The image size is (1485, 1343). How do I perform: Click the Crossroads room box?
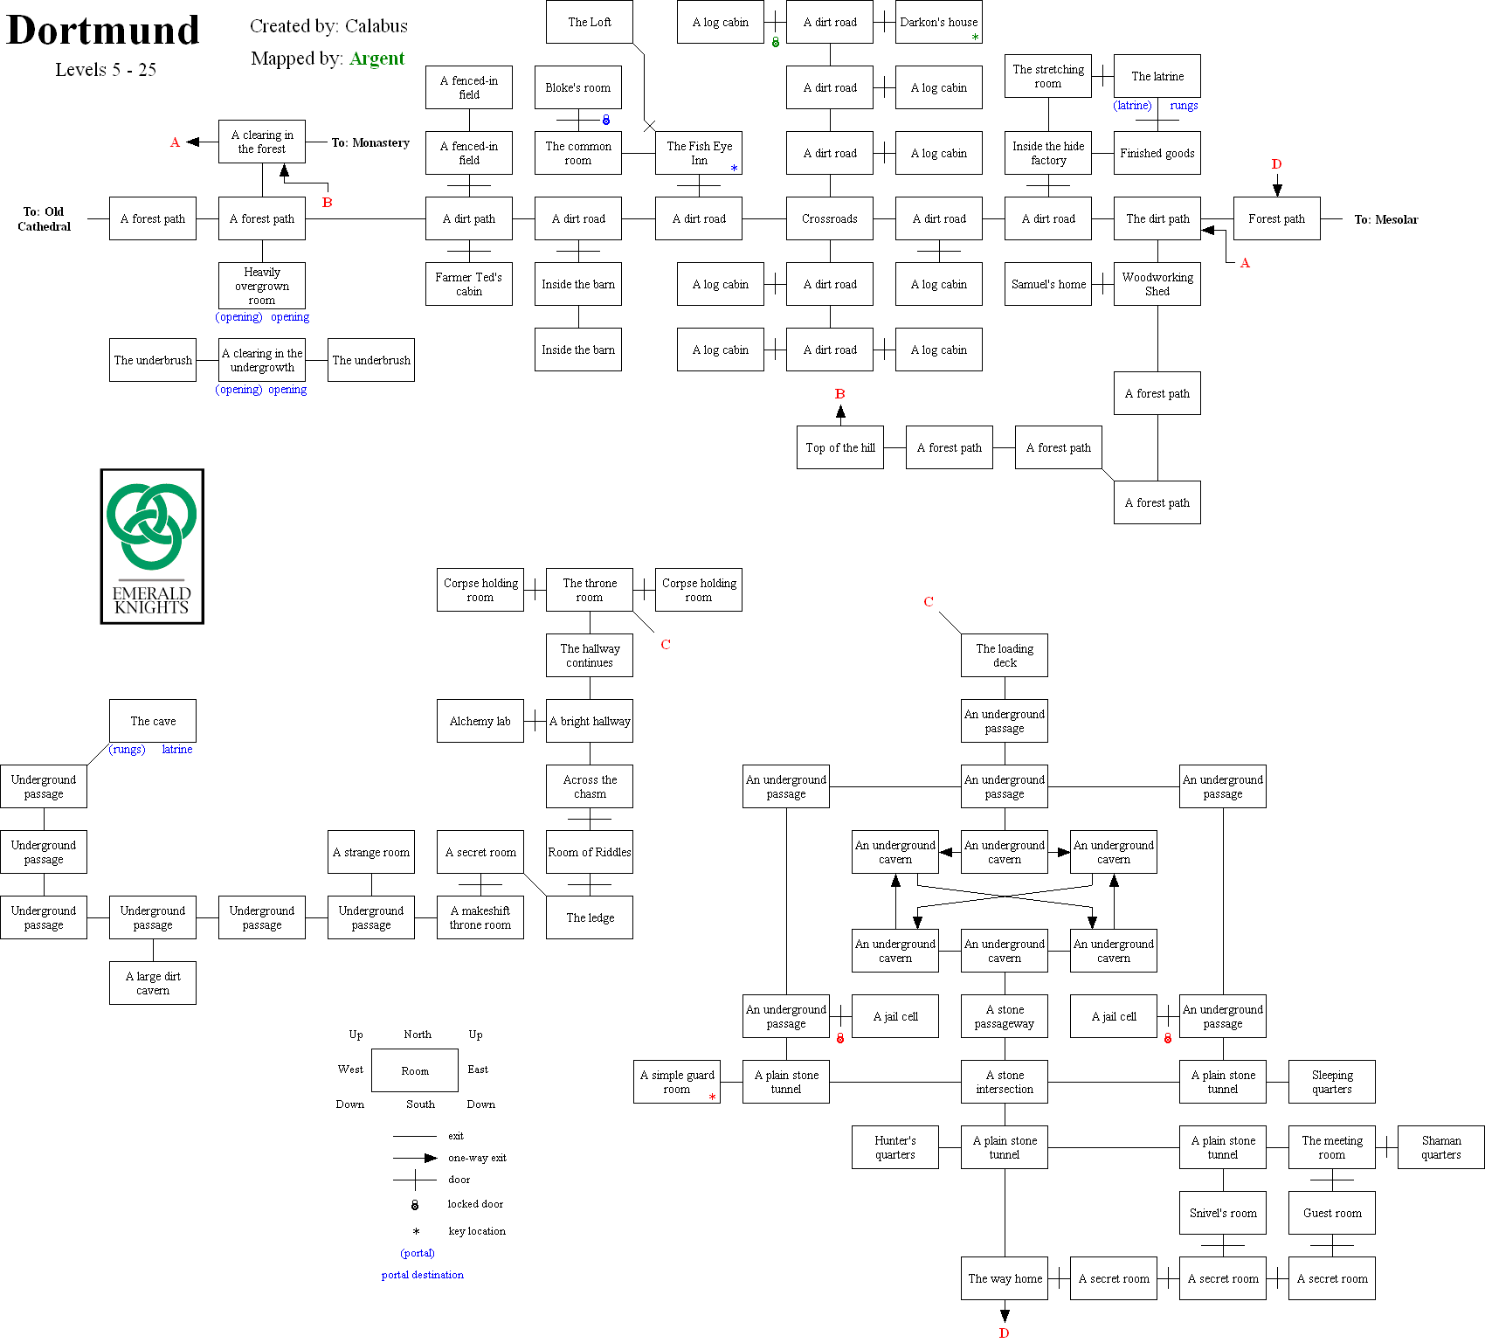[829, 218]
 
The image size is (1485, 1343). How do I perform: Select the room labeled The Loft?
[589, 22]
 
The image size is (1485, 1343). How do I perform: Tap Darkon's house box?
[938, 22]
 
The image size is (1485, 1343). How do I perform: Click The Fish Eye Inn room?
[698, 153]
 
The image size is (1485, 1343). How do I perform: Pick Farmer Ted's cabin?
[468, 284]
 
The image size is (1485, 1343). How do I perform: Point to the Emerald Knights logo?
[152, 546]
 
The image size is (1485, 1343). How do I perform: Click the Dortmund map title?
[103, 31]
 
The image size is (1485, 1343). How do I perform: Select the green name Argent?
[376, 59]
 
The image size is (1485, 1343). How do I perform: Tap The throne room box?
[589, 590]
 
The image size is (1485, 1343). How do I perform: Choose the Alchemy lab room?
[480, 721]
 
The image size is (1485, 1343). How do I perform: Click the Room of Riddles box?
[589, 852]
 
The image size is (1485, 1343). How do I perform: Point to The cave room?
[152, 721]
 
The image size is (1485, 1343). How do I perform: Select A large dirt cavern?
[152, 983]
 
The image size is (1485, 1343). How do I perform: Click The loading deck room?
[1004, 655]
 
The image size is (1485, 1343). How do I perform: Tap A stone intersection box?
[1004, 1082]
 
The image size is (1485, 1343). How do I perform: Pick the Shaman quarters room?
[1440, 1147]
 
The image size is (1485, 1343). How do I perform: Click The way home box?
[1004, 1278]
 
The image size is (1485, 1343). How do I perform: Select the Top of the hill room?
[839, 447]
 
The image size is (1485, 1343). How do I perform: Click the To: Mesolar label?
[1385, 219]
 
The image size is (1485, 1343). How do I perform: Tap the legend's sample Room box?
[414, 1070]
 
